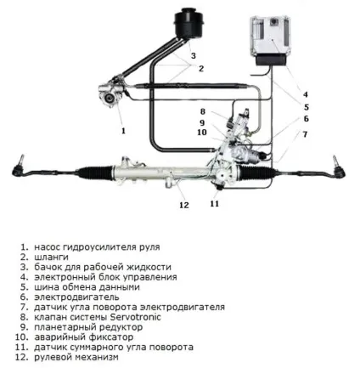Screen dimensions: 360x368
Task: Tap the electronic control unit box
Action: (270, 41)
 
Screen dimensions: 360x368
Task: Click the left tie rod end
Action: (19, 167)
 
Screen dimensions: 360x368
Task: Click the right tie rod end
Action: (338, 167)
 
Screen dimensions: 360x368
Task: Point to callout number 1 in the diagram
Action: (123, 131)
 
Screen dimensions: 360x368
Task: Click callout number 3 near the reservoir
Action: (194, 55)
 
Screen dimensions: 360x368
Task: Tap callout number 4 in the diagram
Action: (305, 94)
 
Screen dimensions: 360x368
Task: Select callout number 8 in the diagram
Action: (203, 111)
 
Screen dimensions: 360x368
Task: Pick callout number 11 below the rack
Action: (215, 203)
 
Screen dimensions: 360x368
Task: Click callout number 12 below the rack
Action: (184, 205)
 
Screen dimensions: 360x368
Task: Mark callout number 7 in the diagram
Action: (305, 134)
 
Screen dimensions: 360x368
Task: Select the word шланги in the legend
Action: (51, 258)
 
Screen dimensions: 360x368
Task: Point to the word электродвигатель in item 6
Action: (76, 297)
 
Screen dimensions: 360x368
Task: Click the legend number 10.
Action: (22, 337)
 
